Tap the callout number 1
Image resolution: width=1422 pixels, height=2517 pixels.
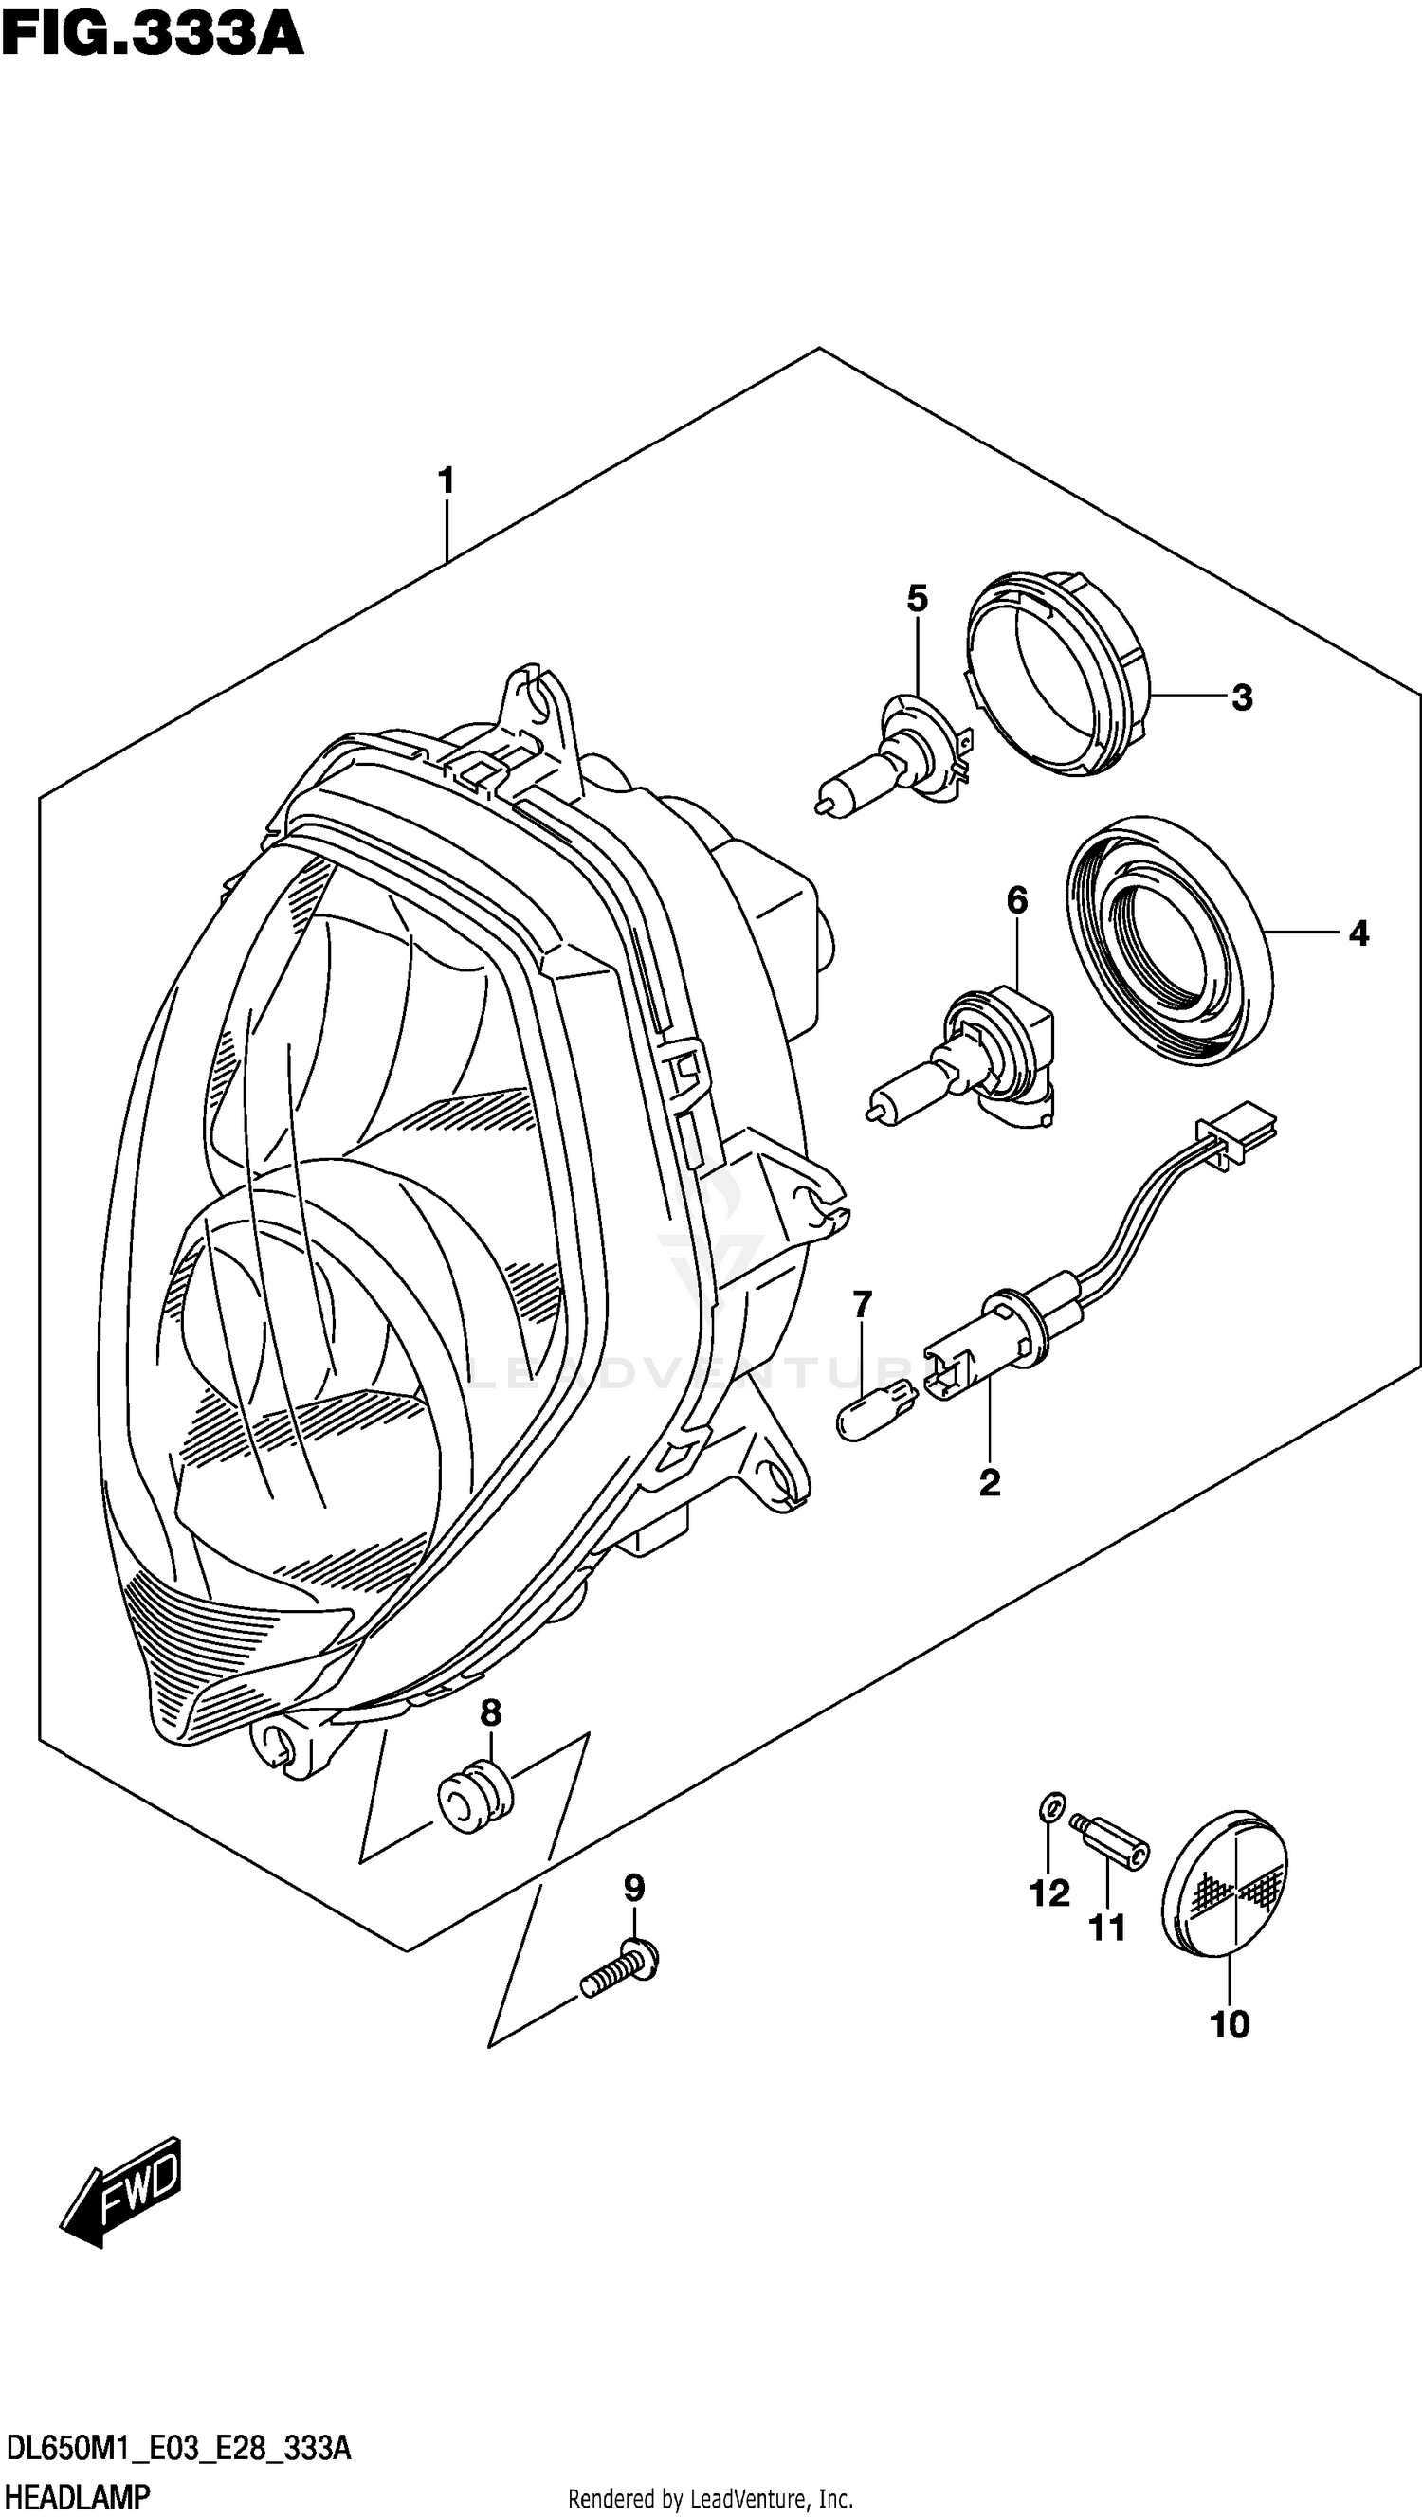[446, 480]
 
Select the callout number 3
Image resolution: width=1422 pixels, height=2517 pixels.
[1241, 697]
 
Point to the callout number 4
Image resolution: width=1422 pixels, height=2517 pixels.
[1358, 934]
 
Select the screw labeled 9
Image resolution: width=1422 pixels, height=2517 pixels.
[620, 1974]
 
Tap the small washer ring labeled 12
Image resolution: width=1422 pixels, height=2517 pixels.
[1048, 1808]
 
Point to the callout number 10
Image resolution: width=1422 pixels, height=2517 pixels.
[1230, 2024]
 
